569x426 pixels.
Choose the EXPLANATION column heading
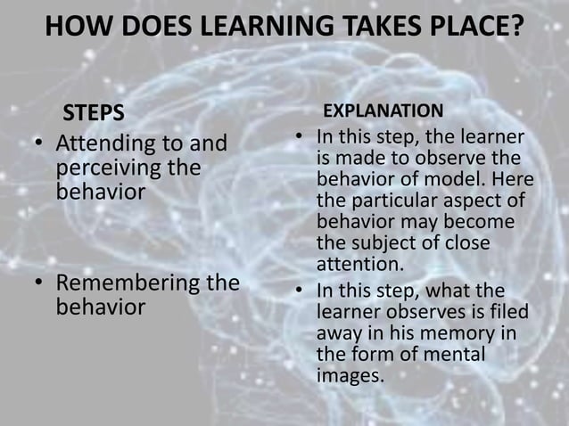(x=383, y=111)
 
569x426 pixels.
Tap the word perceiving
(x=109, y=168)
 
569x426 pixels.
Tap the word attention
(x=359, y=265)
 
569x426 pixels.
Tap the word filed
(x=507, y=312)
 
